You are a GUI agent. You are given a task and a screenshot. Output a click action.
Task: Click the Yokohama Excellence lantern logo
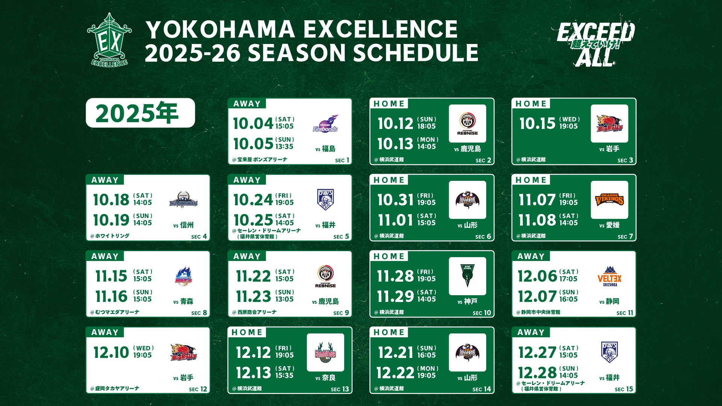point(109,40)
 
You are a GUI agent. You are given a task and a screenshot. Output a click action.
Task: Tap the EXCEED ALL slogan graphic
point(596,44)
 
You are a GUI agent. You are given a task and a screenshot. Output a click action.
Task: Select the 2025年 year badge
point(140,113)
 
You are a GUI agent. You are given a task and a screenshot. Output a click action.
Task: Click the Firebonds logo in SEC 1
point(325,124)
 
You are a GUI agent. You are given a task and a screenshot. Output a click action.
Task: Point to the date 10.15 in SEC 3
point(537,123)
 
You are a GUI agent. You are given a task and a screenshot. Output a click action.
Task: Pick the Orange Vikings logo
point(610,200)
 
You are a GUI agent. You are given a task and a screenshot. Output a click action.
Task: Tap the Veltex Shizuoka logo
point(610,276)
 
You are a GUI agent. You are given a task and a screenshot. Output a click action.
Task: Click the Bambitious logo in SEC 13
point(325,353)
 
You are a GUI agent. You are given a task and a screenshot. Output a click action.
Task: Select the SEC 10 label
point(482,313)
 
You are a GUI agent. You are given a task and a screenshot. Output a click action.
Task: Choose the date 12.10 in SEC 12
point(111,353)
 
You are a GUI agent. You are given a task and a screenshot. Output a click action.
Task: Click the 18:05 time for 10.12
point(426,126)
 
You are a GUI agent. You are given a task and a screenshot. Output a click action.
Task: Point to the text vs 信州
point(184,225)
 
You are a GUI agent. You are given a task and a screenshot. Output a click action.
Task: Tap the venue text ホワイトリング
point(110,236)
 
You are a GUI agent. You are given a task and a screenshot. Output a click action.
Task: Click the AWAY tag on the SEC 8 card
point(105,256)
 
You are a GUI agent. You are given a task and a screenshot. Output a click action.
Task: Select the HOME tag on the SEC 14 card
point(389,332)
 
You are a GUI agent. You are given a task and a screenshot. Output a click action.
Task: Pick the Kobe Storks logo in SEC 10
point(467,276)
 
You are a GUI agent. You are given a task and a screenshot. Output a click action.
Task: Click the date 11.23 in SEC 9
point(253,297)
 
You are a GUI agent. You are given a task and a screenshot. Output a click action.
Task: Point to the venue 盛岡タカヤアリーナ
point(115,388)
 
